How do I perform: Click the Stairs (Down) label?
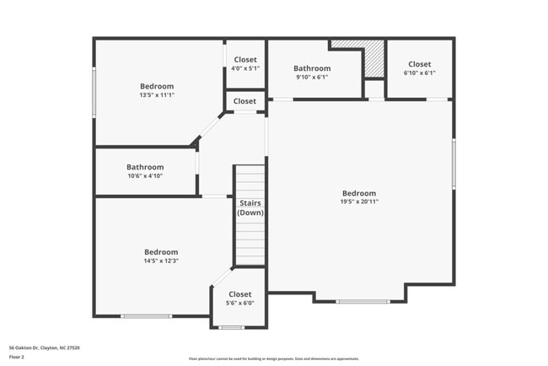[250, 207]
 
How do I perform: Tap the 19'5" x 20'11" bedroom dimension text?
[359, 202]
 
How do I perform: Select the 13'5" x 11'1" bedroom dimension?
[157, 95]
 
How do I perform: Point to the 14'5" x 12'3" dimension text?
[161, 261]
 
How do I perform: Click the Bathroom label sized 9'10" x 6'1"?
[312, 68]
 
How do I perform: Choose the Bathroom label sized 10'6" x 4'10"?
[144, 166]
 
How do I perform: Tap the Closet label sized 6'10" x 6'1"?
[419, 64]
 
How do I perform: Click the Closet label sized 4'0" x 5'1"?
[245, 59]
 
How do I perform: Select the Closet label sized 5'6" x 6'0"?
[239, 293]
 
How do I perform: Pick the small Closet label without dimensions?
[245, 101]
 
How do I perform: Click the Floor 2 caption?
[17, 357]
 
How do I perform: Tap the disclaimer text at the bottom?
[273, 358]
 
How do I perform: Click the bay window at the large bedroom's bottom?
[363, 301]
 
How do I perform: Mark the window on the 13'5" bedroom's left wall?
[94, 94]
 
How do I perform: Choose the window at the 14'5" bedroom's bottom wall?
[146, 316]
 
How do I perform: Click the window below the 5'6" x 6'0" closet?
[231, 327]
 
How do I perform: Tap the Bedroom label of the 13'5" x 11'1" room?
[157, 86]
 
